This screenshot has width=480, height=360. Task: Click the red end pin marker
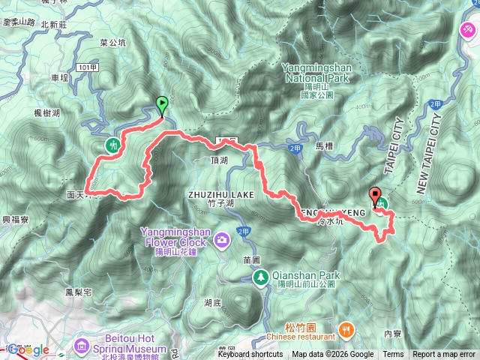375,196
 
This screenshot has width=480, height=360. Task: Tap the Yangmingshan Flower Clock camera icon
222,240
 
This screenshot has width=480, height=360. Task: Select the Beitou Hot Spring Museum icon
82,346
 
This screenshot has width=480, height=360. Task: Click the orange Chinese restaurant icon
346,328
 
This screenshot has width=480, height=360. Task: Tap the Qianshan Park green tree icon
260,278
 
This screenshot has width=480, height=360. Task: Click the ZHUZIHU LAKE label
221,195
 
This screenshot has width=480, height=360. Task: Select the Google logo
29,350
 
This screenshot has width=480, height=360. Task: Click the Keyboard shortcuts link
250,355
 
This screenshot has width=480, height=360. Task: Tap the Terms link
393,355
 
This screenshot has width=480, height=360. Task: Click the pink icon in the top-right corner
467,30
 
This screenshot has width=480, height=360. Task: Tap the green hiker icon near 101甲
113,144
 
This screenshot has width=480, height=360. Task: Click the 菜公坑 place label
112,43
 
